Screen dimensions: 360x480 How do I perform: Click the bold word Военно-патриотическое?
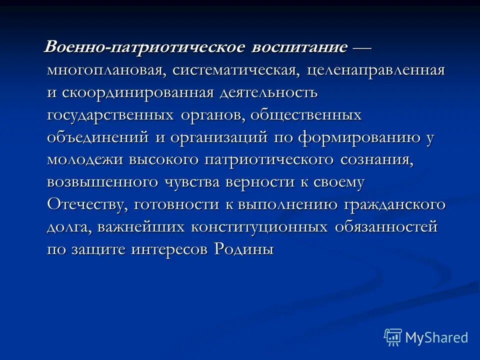tap(145, 48)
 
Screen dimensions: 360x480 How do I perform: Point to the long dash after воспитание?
tap(361, 48)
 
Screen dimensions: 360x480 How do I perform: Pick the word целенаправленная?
tap(376, 70)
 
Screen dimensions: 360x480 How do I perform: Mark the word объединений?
tap(96, 138)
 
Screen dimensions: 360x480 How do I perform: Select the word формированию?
tap(359, 138)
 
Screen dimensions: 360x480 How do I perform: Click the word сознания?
tap(377, 160)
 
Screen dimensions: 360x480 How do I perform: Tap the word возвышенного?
tap(102, 182)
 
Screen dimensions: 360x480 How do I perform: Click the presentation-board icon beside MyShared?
tap(393, 337)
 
